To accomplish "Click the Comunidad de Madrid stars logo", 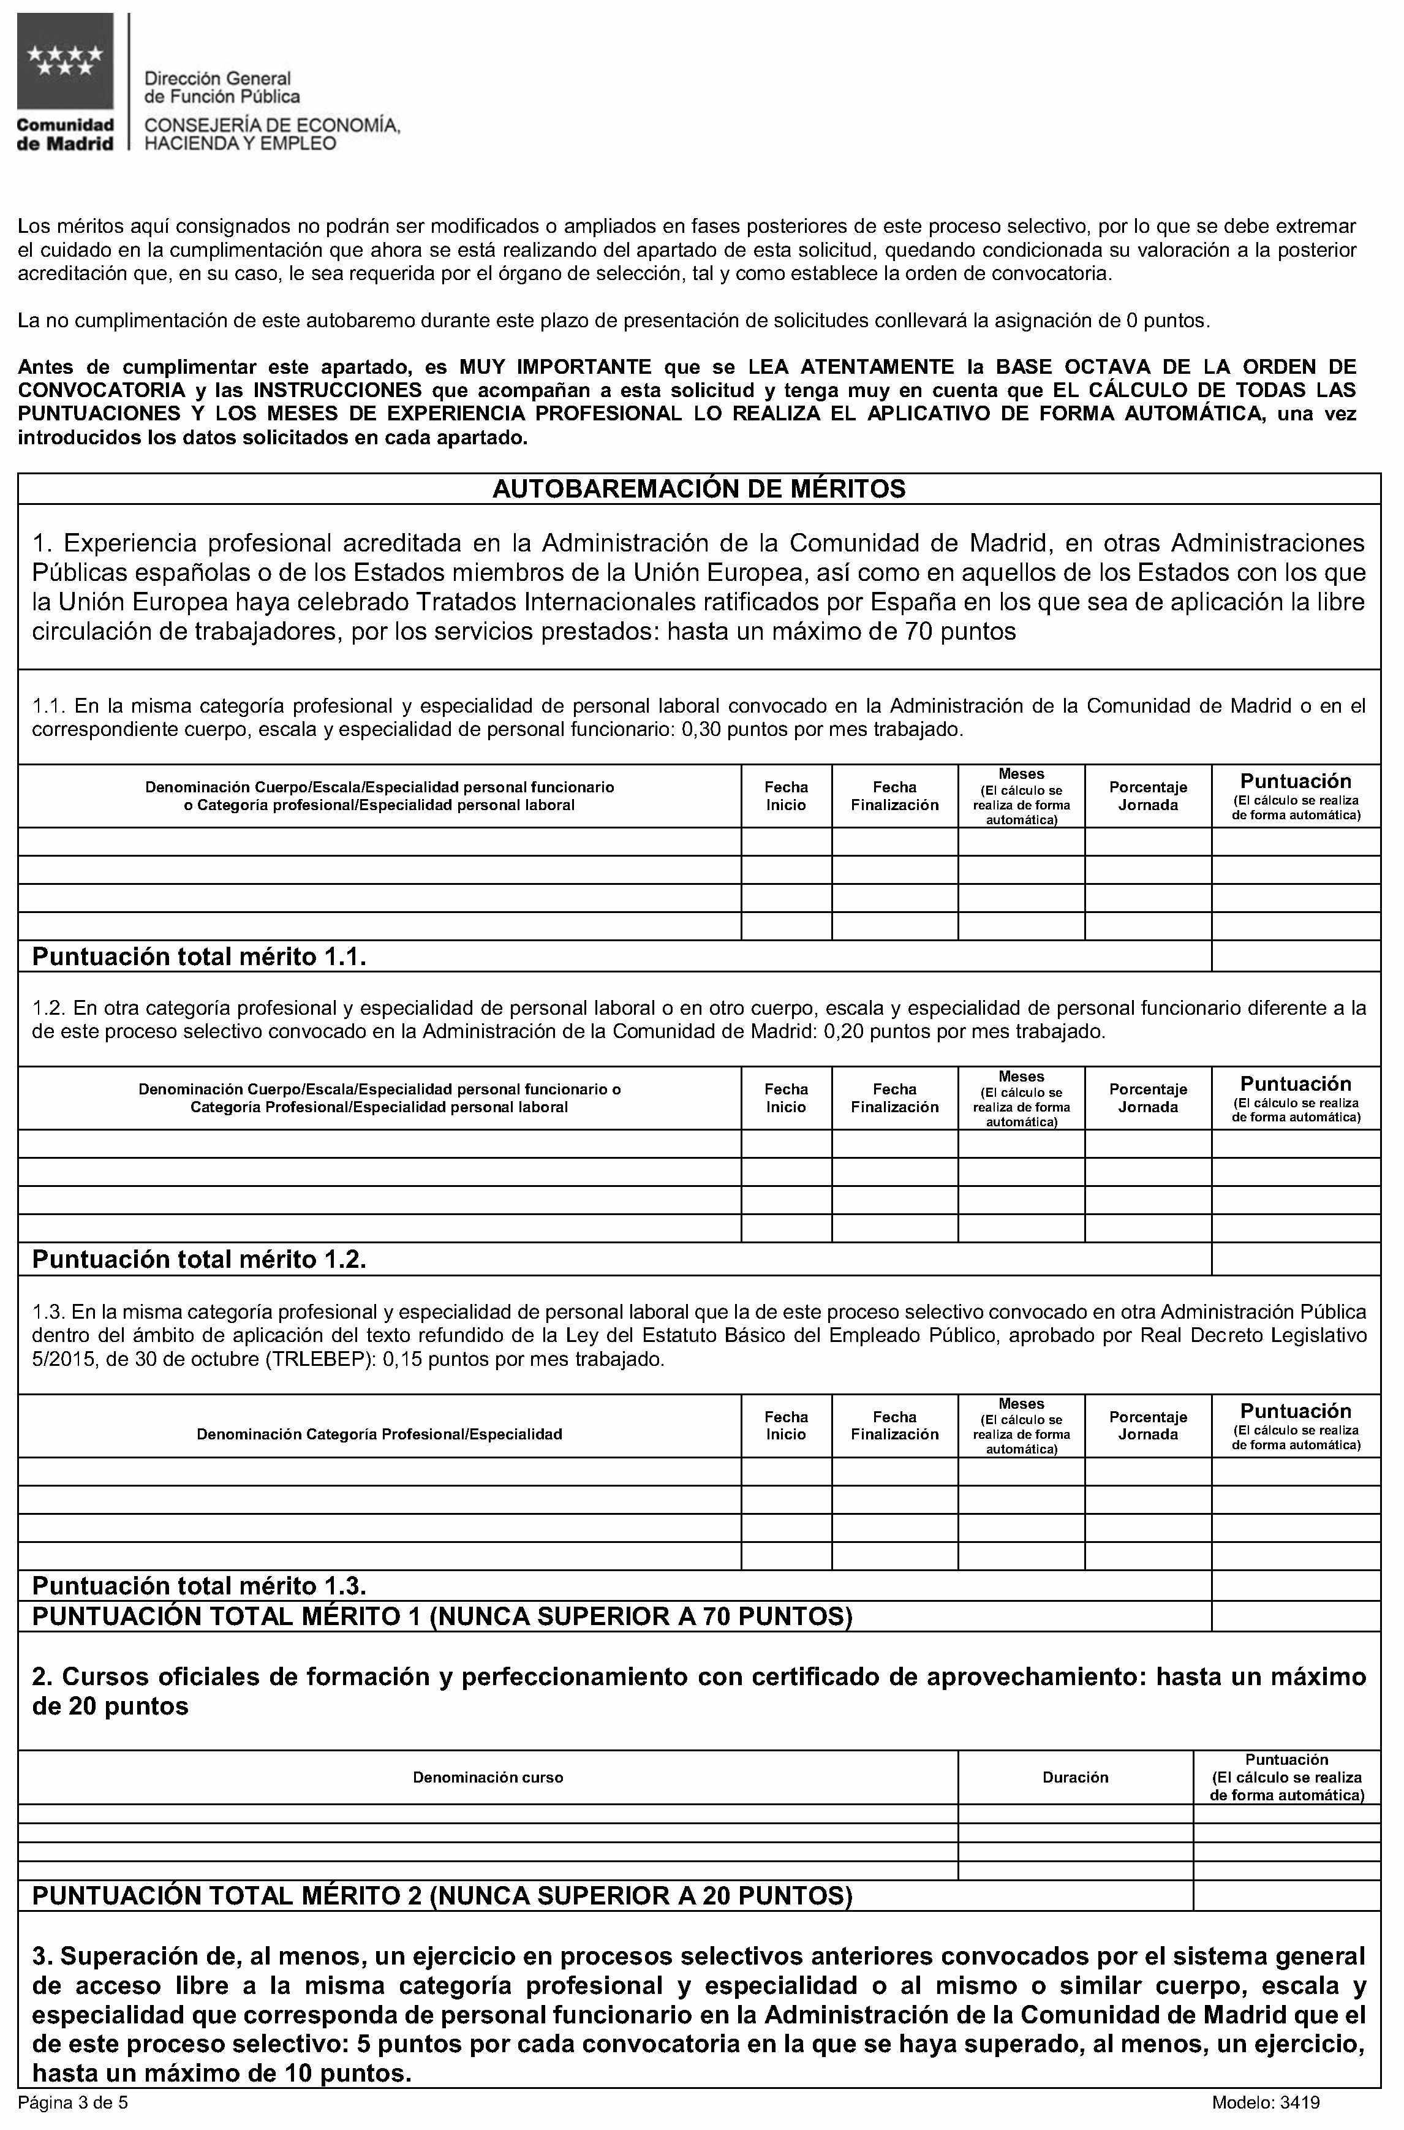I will tap(64, 63).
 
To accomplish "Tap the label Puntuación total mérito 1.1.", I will tap(199, 957).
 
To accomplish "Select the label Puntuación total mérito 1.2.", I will tap(199, 1259).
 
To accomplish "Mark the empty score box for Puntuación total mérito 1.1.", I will tap(1295, 956).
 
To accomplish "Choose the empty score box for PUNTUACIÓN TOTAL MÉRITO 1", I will tap(1295, 1616).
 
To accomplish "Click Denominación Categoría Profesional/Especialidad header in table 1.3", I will tap(380, 1434).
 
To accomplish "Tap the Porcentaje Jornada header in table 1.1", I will tap(1148, 796).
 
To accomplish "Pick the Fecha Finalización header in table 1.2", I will tap(894, 1098).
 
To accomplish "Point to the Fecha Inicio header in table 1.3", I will tap(785, 1425).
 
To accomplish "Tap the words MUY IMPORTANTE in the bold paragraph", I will tap(555, 366).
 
